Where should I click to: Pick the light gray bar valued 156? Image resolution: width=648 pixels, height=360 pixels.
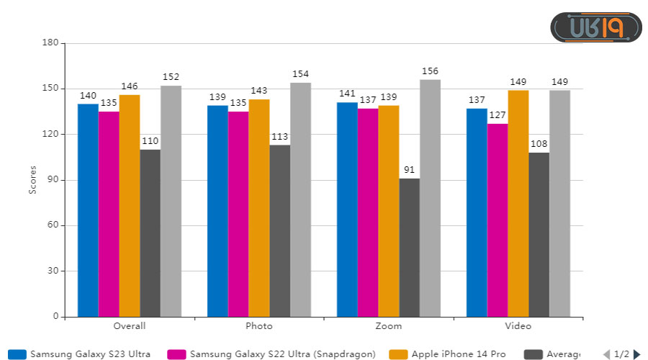[431, 198]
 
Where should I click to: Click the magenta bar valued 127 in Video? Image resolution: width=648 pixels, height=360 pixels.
[498, 220]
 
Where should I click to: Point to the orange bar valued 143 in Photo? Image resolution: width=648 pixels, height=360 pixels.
[259, 208]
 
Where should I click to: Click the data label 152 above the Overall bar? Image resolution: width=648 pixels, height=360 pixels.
[171, 77]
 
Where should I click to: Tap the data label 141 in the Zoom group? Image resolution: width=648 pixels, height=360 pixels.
[347, 94]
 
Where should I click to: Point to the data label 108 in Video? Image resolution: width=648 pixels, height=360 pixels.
[539, 144]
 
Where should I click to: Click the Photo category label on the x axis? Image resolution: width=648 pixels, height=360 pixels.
[259, 326]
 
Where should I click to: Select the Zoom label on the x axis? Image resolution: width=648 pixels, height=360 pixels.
[389, 326]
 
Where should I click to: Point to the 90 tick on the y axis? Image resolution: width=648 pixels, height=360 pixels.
[53, 180]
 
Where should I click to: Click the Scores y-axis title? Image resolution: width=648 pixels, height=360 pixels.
[32, 180]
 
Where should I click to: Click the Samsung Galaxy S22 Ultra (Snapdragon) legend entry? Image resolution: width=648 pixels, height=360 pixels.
[272, 354]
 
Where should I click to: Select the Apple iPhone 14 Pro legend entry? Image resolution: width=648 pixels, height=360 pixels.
[448, 354]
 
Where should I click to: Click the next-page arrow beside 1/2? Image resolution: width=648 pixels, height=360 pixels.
[636, 354]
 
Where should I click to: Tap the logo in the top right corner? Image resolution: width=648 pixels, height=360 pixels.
[596, 27]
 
